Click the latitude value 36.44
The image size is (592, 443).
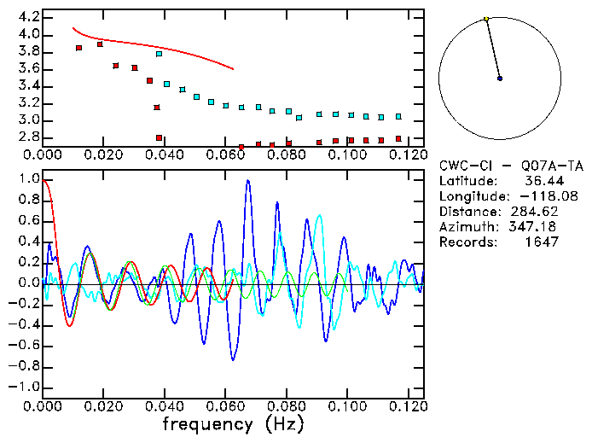541,181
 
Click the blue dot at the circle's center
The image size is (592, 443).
500,79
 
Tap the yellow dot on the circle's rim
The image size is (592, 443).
486,19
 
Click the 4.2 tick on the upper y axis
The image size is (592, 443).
26,17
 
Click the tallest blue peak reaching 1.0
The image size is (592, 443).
247,181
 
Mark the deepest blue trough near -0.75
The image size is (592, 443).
233,359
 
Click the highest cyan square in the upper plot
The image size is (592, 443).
159,54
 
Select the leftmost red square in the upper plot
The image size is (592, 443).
78,48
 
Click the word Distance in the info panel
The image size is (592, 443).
467,212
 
